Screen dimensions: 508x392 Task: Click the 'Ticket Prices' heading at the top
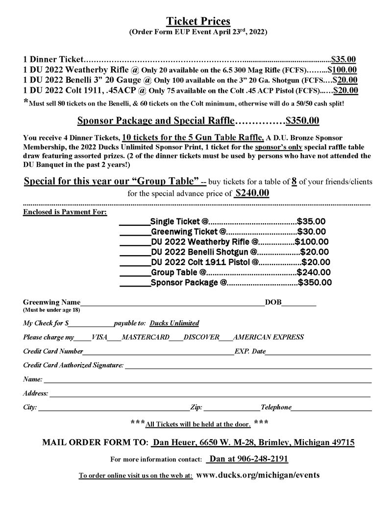pos(198,21)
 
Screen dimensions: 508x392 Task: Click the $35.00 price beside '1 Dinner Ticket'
pos(344,59)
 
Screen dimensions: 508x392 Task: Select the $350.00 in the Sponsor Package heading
pos(303,120)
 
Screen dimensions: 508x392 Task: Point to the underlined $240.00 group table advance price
pos(252,193)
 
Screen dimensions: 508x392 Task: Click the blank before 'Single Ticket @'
pos(135,222)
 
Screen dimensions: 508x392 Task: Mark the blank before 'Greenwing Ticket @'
pos(135,233)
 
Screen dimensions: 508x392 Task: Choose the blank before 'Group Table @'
pos(135,273)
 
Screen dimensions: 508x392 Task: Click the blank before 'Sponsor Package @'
pos(135,283)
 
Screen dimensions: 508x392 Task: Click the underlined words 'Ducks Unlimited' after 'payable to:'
pos(174,323)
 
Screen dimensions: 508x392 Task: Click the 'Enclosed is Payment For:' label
pos(65,212)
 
